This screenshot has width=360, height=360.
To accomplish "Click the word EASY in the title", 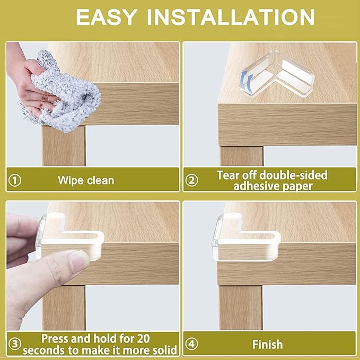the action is tap(106, 17).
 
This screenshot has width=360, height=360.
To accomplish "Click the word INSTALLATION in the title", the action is tap(231, 17).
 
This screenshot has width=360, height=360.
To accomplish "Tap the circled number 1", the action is tap(15, 180).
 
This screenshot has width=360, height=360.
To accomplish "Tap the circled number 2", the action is tap(191, 180).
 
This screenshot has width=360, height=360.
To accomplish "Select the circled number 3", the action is tap(15, 344).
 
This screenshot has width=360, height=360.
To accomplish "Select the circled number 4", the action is tap(191, 344).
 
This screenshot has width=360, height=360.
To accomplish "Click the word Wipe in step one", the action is tap(70, 180).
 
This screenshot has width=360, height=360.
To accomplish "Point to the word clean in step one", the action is tap(100, 180).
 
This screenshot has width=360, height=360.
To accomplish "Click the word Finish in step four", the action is tap(267, 345).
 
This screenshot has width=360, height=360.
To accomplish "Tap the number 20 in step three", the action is tap(143, 339).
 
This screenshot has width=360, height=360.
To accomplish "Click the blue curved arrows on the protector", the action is tap(247, 81).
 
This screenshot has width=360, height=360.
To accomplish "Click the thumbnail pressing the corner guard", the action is tap(77, 260).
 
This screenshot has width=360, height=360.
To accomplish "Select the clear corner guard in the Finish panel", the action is tap(246, 236).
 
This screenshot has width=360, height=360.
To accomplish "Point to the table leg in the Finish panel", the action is tap(241, 308).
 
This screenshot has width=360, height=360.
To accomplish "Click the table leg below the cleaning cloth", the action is tap(64, 146).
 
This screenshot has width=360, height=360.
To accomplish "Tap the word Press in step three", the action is tap(55, 339).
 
